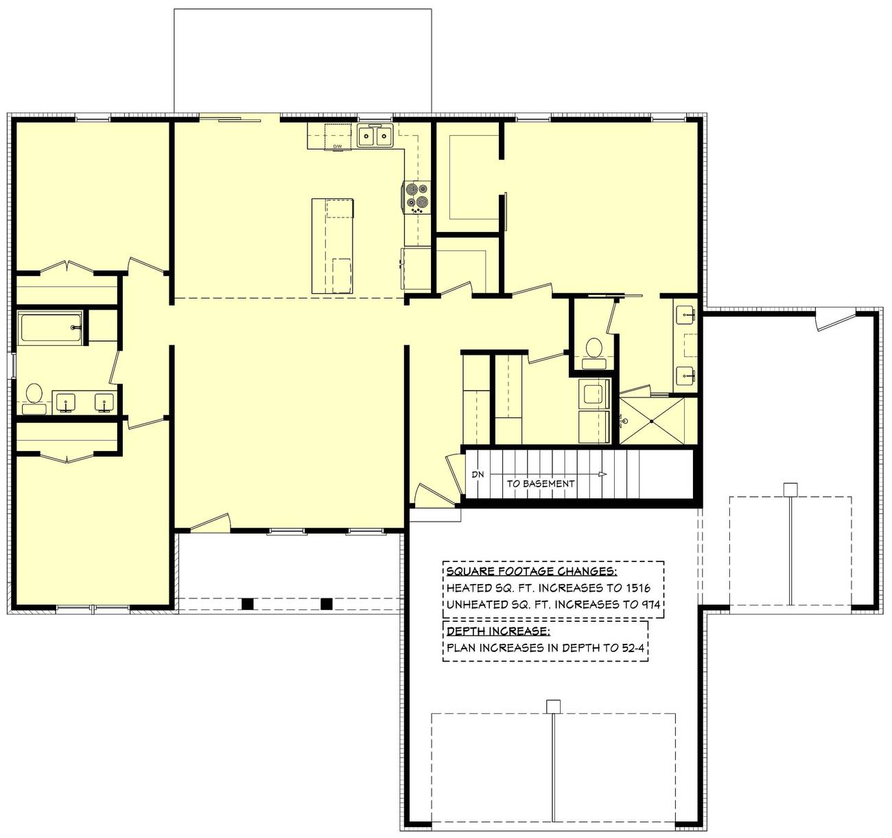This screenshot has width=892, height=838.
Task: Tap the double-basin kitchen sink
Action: (375, 136)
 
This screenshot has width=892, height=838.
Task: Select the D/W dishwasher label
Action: (337, 147)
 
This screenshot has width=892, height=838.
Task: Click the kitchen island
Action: (333, 246)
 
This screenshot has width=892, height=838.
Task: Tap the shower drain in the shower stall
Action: (624, 420)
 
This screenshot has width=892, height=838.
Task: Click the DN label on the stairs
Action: (478, 474)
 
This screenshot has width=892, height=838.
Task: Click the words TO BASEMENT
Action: (540, 483)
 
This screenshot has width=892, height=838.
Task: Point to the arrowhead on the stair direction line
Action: (602, 474)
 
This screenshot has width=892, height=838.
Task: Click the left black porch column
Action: (248, 604)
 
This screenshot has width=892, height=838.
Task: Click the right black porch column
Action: (327, 604)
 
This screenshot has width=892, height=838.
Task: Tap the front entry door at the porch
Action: (209, 523)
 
